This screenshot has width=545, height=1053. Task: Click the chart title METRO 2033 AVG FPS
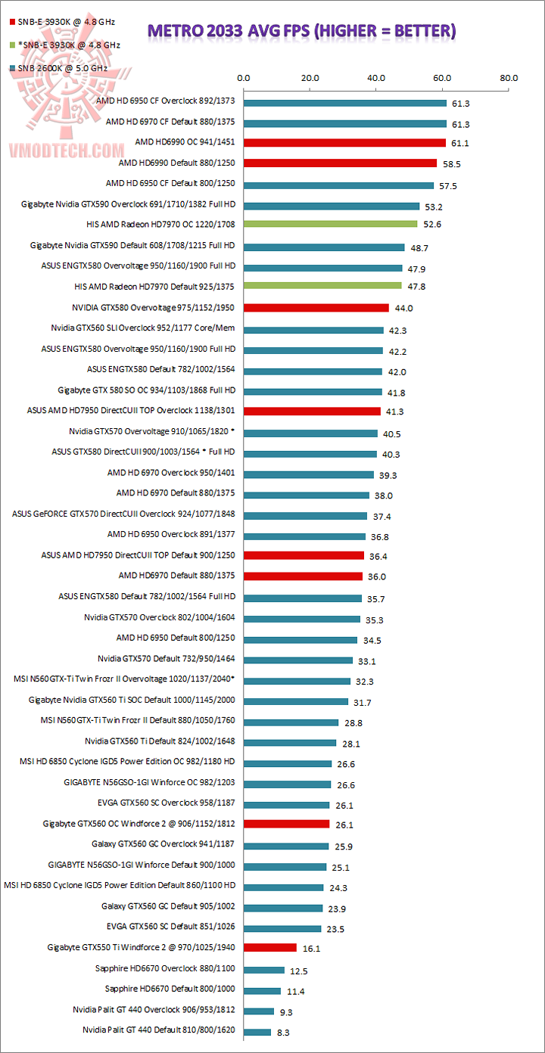[301, 30]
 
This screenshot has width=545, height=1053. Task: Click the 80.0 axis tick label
[509, 77]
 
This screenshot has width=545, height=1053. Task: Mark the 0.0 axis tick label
[244, 77]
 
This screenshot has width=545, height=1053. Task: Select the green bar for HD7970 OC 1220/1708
[330, 224]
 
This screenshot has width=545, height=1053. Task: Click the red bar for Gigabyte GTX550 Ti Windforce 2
[269, 947]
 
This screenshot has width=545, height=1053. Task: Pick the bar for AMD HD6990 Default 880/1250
[340, 163]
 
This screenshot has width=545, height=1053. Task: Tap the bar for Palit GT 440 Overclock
[258, 1011]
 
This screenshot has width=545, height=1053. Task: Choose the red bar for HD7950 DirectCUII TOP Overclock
[311, 411]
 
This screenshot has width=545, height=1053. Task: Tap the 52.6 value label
[432, 225]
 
